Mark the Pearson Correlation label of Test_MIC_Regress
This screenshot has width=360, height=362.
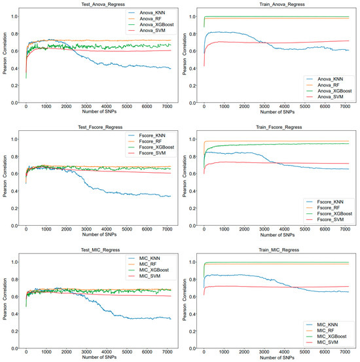5,304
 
